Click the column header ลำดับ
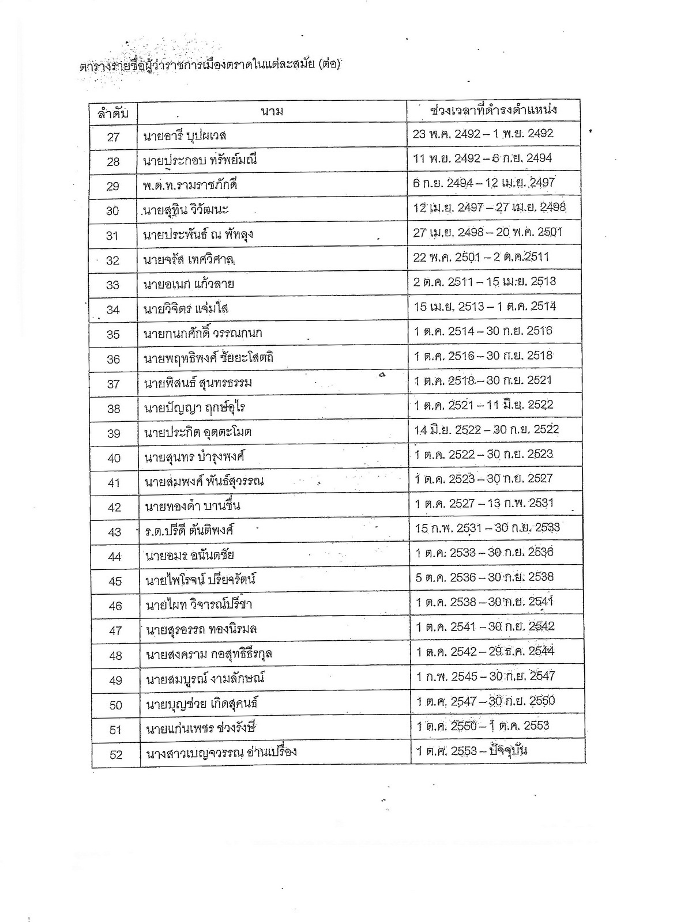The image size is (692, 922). [x=113, y=112]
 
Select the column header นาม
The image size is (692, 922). [x=272, y=111]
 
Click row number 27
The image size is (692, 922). [x=113, y=137]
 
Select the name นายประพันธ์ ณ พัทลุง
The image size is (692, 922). [x=198, y=235]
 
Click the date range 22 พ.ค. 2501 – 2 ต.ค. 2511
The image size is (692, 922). [x=481, y=257]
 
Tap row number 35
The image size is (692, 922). [x=114, y=334]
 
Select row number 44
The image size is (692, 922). [x=114, y=556]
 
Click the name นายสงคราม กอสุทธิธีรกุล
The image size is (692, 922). [x=209, y=654]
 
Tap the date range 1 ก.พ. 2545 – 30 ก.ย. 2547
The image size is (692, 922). [x=486, y=676]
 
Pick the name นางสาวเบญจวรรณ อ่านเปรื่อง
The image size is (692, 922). [x=221, y=753]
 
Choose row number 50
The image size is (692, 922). [x=115, y=705]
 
